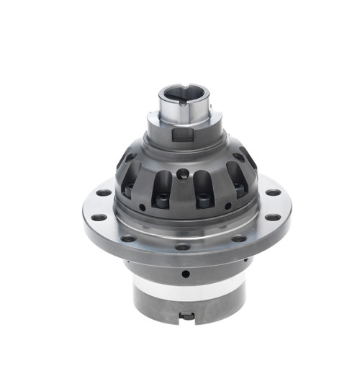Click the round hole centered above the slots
pyautogui.click(x=184, y=173)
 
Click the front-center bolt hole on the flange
pyautogui.click(x=184, y=246)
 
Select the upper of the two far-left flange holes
pyautogui.click(x=104, y=192)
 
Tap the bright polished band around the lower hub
pyautogui.click(x=186, y=291)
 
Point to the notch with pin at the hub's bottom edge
pyautogui.click(x=187, y=315)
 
